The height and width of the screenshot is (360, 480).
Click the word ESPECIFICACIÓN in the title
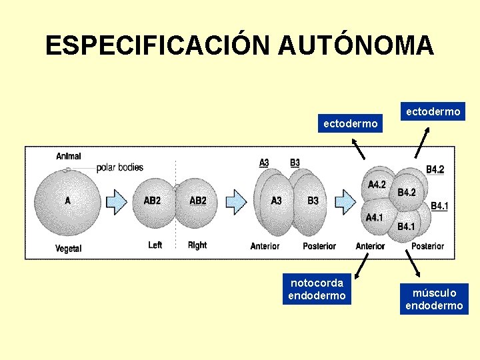click(159, 45)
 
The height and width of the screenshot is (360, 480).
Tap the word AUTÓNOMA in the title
click(357, 45)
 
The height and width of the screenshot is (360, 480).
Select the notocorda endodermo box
click(317, 289)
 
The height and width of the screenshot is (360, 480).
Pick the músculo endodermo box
click(434, 299)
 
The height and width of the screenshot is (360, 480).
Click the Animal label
click(69, 156)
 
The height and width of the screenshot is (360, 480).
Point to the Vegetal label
click(69, 249)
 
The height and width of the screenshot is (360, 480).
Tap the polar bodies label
click(120, 167)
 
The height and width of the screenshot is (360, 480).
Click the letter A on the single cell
click(68, 199)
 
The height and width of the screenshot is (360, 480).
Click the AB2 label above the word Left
click(152, 201)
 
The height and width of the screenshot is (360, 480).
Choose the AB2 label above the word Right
click(198, 201)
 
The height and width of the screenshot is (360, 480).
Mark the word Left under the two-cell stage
click(155, 245)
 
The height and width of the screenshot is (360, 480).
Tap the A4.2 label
click(377, 185)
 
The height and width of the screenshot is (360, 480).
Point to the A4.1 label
click(374, 217)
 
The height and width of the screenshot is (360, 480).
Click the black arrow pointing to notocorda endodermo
click(363, 267)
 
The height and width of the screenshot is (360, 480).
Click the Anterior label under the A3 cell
click(265, 246)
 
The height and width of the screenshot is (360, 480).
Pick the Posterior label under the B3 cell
click(319, 246)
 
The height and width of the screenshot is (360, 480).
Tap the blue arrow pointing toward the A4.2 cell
click(345, 199)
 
